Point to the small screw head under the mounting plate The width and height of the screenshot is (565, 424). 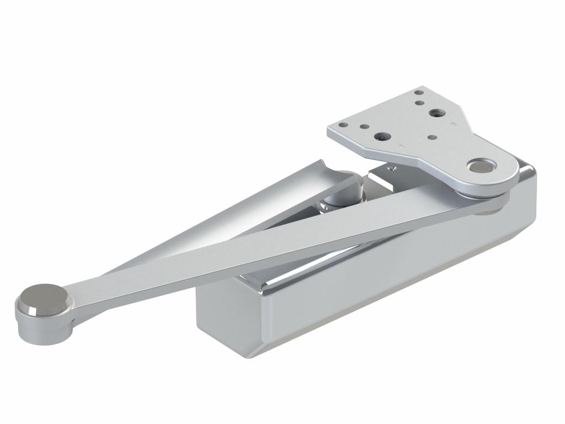click(x=392, y=167)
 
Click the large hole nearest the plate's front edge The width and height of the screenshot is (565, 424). click(x=380, y=136)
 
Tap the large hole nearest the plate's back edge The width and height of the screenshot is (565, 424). click(x=438, y=113)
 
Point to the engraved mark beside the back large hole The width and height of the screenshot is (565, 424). click(x=453, y=124)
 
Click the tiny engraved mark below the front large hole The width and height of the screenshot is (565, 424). click(x=402, y=146)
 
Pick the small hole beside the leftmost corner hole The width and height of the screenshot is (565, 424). click(x=364, y=126)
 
